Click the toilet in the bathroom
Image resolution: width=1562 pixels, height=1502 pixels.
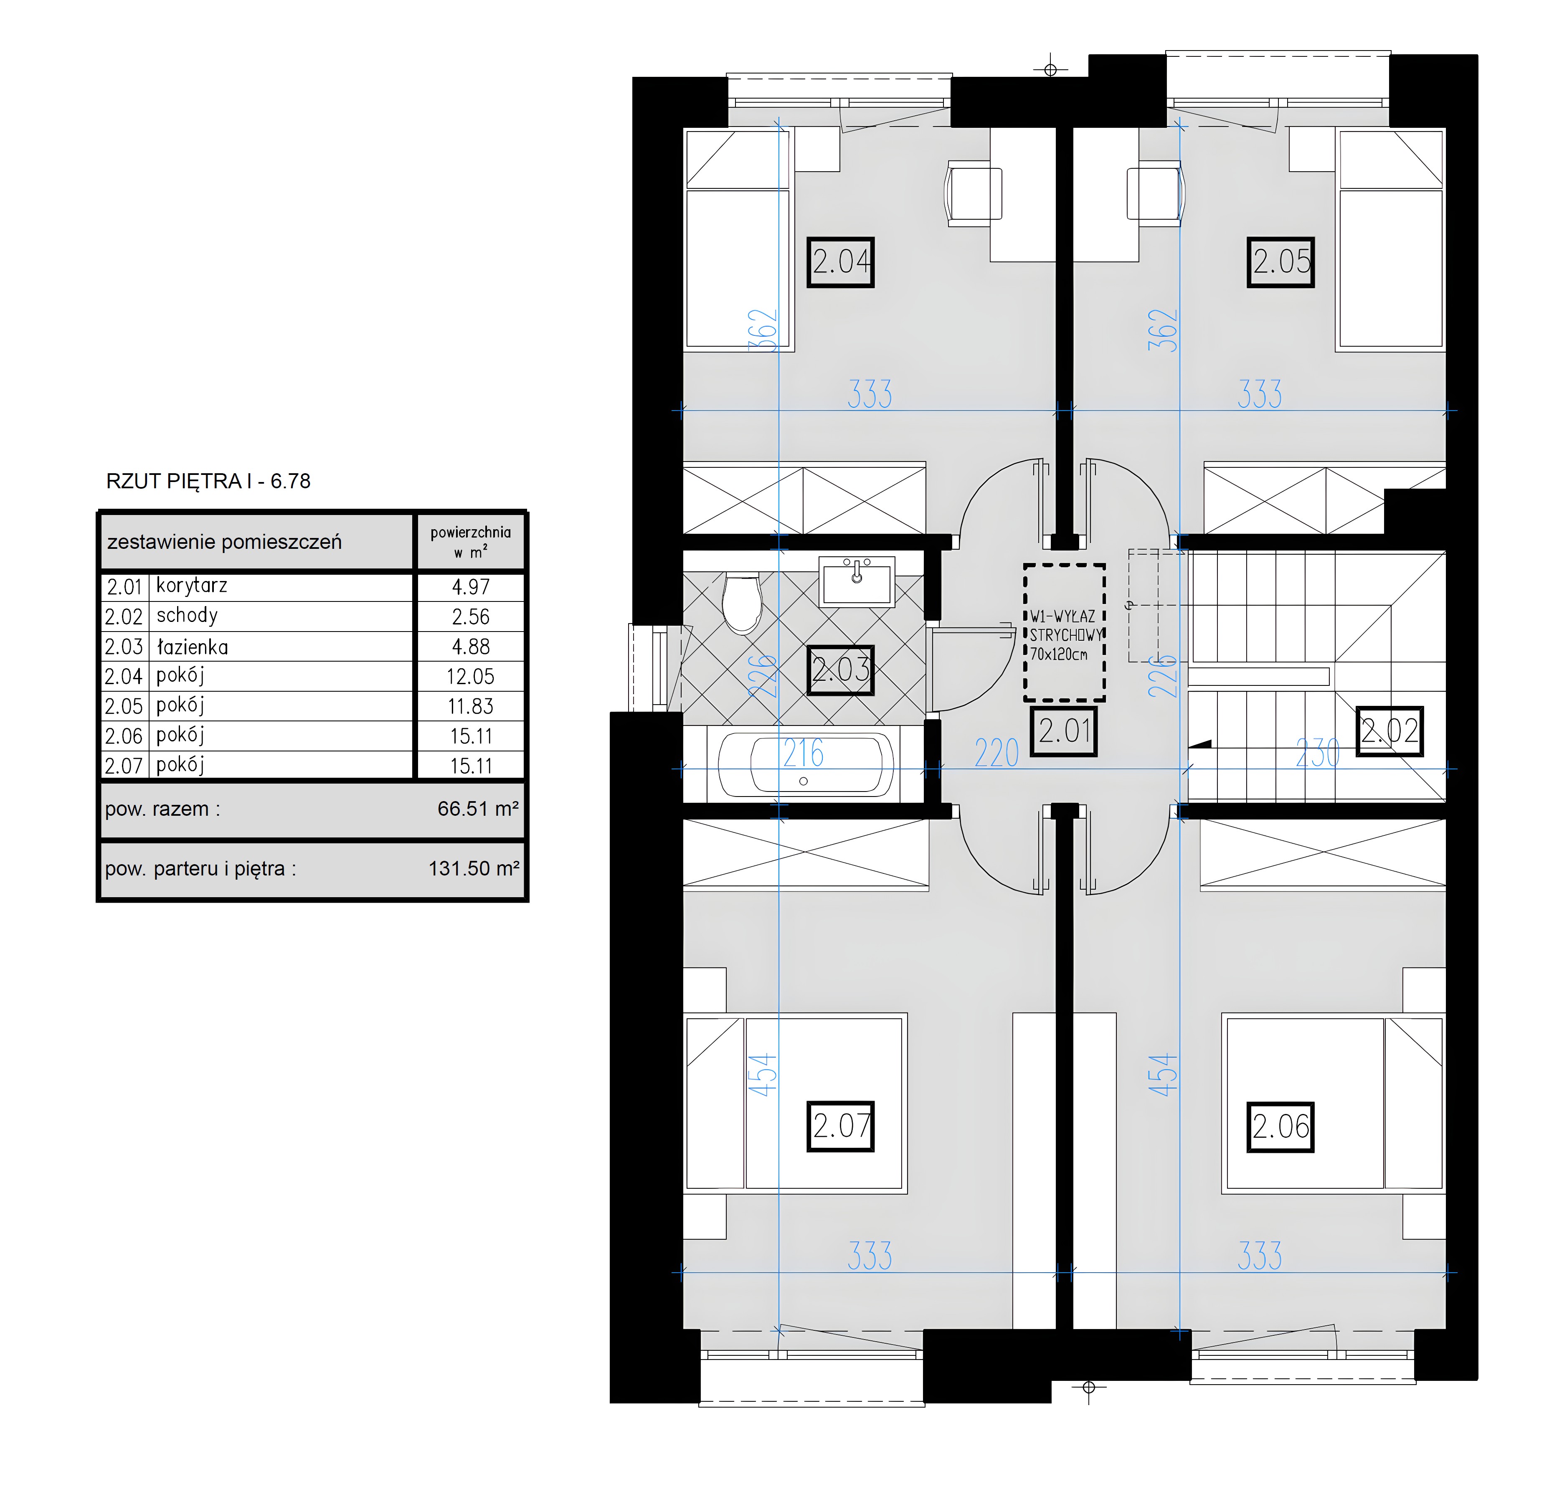tap(742, 603)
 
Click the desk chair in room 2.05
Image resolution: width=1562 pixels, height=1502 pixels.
tap(1156, 194)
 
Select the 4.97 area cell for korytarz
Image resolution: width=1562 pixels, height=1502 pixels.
tap(470, 587)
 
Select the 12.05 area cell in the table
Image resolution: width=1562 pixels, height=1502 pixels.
tap(470, 677)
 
